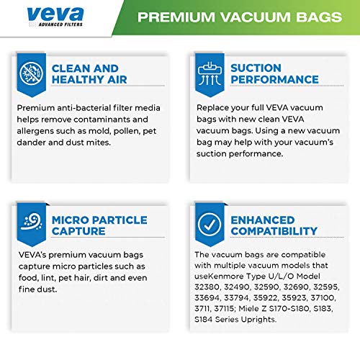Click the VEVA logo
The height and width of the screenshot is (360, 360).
point(54,15)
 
